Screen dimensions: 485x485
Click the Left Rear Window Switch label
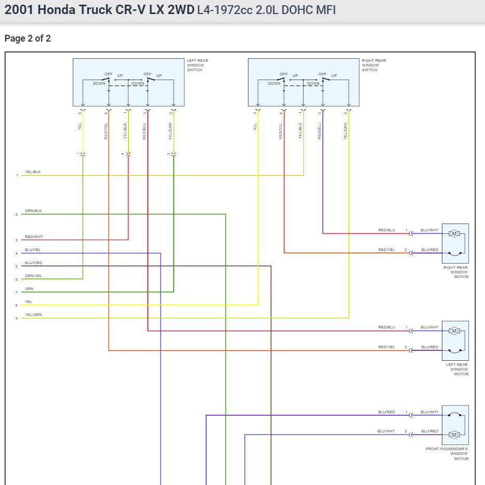[x=197, y=65]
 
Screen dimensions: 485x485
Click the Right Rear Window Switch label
[x=373, y=65]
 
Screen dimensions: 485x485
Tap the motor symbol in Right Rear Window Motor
[x=454, y=233]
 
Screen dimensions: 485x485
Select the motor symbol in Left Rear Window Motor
[x=454, y=331]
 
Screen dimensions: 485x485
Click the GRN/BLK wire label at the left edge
[x=33, y=211]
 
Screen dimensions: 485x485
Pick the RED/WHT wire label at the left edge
[x=34, y=237]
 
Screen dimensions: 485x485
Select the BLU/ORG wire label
[x=33, y=263]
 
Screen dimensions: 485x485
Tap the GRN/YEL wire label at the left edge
[x=33, y=276]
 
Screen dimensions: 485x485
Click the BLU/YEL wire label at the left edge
[x=33, y=250]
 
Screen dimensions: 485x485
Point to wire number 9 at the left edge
[x=17, y=318]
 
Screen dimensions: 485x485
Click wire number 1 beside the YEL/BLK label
[x=17, y=176]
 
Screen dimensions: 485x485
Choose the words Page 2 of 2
[x=28, y=38]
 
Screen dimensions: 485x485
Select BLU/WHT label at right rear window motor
[x=429, y=230]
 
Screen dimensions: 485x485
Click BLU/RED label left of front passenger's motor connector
[x=386, y=412]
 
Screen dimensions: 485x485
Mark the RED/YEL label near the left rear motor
[x=386, y=347]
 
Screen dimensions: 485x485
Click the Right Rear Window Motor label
[x=455, y=272]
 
